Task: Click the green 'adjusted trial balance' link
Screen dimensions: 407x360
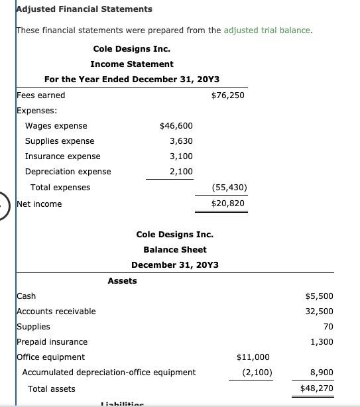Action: pos(268,30)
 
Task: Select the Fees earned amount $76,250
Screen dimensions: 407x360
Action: pos(227,95)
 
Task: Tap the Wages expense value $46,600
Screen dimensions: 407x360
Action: pos(176,126)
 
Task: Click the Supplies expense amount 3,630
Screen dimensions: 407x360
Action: pos(181,141)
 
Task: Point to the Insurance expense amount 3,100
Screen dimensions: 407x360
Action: pos(181,156)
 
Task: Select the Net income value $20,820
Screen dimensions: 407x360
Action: pos(227,203)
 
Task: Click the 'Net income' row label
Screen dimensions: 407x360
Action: pos(39,203)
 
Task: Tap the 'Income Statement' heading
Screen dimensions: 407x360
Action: pos(132,64)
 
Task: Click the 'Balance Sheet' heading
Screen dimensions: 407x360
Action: pos(174,250)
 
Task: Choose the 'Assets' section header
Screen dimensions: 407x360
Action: pos(122,280)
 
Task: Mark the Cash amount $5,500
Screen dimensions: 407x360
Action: pos(319,296)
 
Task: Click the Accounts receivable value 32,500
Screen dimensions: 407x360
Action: pos(319,312)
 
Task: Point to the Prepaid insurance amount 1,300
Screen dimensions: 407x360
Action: pos(321,342)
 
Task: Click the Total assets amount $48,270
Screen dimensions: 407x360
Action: pos(316,388)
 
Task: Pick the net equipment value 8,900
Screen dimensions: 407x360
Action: pos(321,373)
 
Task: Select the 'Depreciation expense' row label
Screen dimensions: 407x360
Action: pos(68,172)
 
